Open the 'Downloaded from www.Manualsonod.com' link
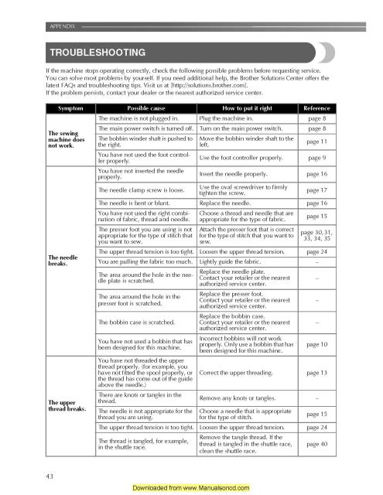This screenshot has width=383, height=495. (191, 489)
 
